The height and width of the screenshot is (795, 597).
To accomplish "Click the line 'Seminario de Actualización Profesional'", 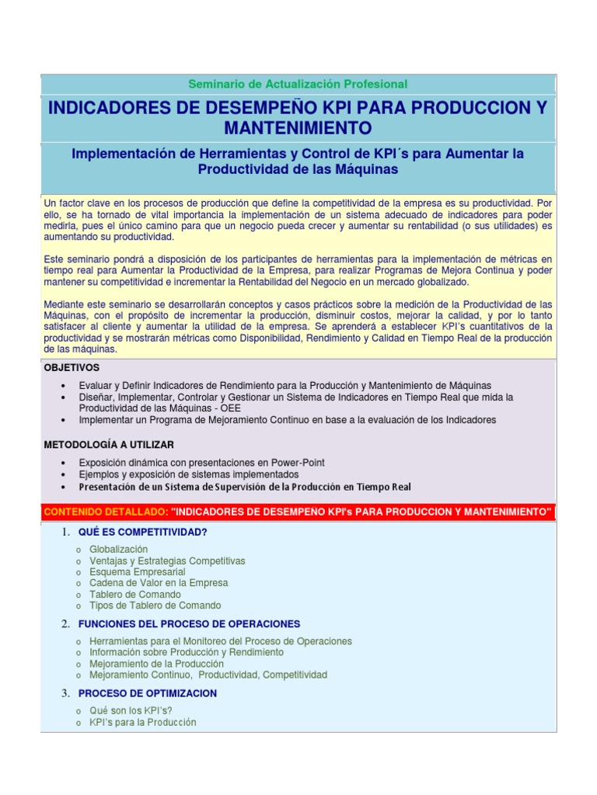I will click(298, 84).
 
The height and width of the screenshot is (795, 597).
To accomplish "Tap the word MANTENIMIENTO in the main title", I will click(298, 127).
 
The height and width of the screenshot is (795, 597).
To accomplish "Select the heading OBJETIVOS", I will click(72, 367).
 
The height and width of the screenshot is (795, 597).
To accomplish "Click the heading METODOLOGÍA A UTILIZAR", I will click(109, 444).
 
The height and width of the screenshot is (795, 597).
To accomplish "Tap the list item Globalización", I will click(118, 549).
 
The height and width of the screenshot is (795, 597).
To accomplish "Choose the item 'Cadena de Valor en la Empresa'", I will click(159, 583).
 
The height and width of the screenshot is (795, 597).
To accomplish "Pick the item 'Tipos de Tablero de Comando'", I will click(155, 606).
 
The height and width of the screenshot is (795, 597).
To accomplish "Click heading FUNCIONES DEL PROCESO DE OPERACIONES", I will click(189, 623).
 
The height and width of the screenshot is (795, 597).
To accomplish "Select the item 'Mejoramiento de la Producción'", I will click(156, 664).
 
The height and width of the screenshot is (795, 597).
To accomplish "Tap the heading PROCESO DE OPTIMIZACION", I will click(147, 693).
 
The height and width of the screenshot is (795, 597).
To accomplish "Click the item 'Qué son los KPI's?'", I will click(131, 710).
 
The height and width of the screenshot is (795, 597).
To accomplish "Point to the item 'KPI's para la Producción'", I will click(143, 722).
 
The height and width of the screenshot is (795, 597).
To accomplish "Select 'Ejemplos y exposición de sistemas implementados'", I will click(189, 474).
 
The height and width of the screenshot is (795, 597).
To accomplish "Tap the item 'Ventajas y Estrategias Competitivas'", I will click(167, 561).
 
